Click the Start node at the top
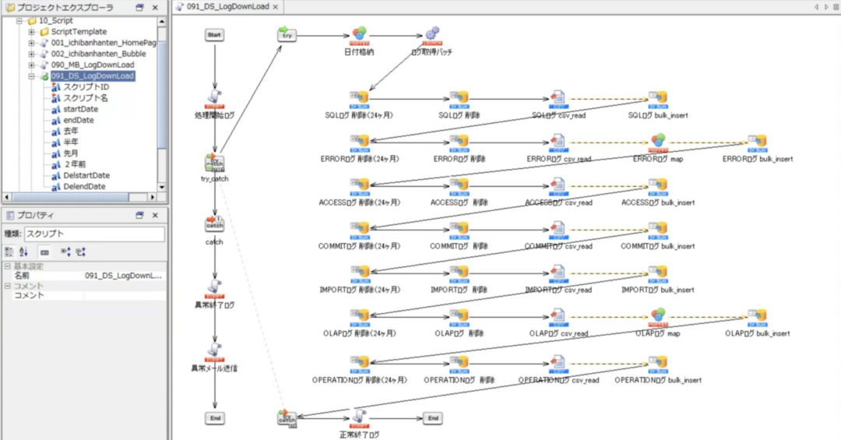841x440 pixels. pyautogui.click(x=215, y=36)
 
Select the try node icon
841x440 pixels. pyautogui.click(x=287, y=34)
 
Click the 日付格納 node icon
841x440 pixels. pyautogui.click(x=359, y=35)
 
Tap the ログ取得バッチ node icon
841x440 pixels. pyautogui.click(x=431, y=35)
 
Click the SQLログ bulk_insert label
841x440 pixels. pyautogui.click(x=657, y=115)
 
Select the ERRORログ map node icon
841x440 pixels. pyautogui.click(x=658, y=141)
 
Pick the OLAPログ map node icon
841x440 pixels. pyautogui.click(x=658, y=315)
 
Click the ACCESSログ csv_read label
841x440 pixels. pyautogui.click(x=558, y=202)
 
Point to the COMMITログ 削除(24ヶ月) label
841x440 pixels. pyautogui.click(x=360, y=246)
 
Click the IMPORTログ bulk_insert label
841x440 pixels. pyautogui.click(x=657, y=290)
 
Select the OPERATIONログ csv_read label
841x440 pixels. pyautogui.click(x=558, y=380)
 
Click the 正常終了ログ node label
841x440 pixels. pyautogui.click(x=359, y=434)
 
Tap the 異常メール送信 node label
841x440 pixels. pyautogui.click(x=214, y=368)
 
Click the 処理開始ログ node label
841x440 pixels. pyautogui.click(x=214, y=114)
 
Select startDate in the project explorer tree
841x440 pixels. pyautogui.click(x=80, y=109)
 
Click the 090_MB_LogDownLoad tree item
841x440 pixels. pyautogui.click(x=93, y=65)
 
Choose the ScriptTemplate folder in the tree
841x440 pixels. pyautogui.click(x=79, y=31)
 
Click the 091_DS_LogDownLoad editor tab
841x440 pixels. pyautogui.click(x=227, y=6)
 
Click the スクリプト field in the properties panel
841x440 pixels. pyautogui.click(x=94, y=234)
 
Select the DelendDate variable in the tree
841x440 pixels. pyautogui.click(x=86, y=186)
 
